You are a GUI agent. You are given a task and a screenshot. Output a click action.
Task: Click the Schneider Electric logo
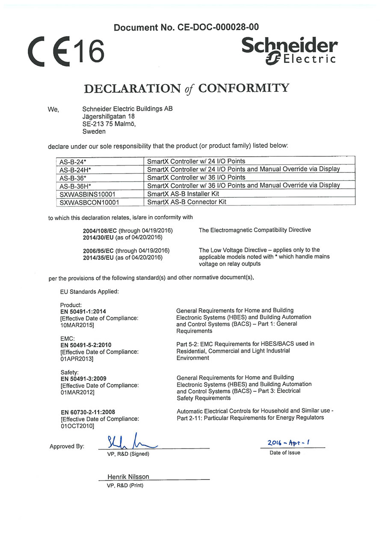290,50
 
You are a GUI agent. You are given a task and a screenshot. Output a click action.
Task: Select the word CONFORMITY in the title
244,88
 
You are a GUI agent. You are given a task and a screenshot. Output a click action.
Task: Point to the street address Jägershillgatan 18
108,116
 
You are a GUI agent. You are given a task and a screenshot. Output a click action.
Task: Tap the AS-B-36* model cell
73,177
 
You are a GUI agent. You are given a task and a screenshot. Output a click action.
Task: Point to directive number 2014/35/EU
98,257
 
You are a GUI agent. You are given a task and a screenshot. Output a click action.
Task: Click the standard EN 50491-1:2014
83,311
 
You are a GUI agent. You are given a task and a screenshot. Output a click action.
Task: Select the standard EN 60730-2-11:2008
88,412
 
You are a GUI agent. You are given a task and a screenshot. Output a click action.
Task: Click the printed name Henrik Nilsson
128,477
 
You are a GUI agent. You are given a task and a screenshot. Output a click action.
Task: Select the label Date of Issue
284,453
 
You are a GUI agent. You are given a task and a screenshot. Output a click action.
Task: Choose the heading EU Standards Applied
89,291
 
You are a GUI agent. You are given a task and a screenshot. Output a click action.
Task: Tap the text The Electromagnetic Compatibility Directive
255,230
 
